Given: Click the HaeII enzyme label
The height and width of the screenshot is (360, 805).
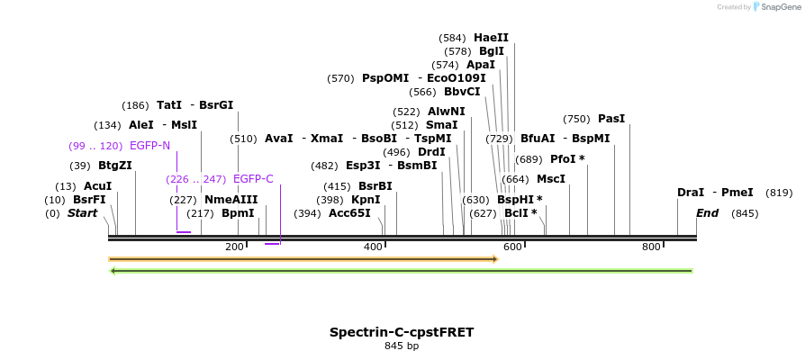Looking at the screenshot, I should [491, 38].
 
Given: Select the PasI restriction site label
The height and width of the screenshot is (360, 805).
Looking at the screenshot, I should [611, 119].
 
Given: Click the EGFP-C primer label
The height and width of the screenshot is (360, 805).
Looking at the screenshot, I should [253, 179].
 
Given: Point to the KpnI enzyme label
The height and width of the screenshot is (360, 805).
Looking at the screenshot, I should [365, 200].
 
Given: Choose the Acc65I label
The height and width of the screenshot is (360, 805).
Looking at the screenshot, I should [349, 213].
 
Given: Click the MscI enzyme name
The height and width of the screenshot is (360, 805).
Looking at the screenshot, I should [551, 179].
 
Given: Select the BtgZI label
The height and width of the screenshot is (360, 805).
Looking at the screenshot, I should [115, 166].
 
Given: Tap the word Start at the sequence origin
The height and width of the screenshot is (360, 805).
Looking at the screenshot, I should [82, 213].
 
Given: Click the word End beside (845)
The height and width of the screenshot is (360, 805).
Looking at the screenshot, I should [708, 213].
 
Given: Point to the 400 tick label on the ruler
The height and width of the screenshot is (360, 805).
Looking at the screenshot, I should [373, 247].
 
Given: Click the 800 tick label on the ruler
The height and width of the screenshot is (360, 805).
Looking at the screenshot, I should [651, 247].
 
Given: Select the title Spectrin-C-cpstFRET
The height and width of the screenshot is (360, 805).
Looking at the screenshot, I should [402, 332].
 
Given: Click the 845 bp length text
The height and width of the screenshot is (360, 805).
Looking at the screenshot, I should [402, 346].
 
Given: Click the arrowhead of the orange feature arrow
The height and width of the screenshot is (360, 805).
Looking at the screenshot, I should [494, 259].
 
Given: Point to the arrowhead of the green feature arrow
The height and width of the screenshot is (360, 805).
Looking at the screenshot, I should [113, 270].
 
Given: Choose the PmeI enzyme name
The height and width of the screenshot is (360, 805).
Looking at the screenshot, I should [737, 193].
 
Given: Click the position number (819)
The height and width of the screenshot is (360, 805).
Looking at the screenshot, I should [779, 193].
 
